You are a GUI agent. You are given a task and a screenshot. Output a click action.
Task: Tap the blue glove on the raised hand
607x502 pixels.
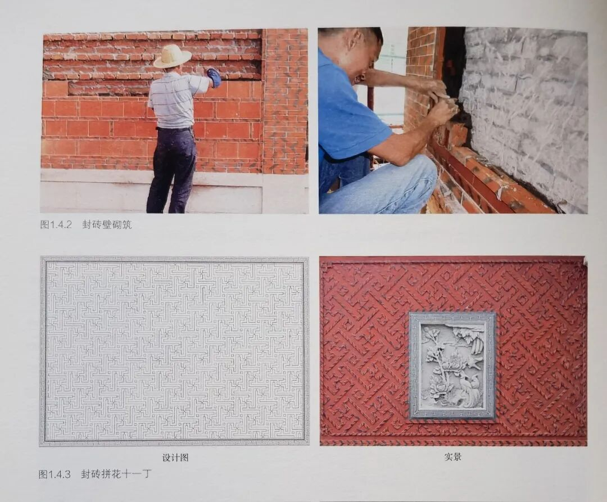pos(214,78)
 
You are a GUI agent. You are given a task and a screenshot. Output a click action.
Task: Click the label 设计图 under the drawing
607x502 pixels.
pos(175,458)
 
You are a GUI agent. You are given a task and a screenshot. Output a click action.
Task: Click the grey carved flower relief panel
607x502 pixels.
pos(452,366)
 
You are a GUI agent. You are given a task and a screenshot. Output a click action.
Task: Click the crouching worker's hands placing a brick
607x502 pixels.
pos(441,104)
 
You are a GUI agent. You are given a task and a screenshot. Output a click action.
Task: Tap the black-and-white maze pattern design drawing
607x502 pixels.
pos(174,351)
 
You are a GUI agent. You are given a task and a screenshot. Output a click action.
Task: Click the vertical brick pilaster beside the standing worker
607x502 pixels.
pos(285,101)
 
